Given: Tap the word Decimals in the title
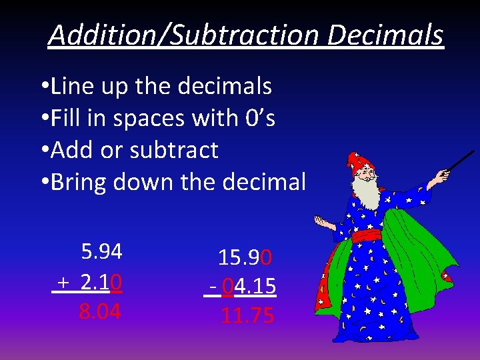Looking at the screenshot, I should [x=385, y=35].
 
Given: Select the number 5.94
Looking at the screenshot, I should [x=101, y=251].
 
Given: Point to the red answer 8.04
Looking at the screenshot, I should [x=100, y=311].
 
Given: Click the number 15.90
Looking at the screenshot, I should [x=245, y=258].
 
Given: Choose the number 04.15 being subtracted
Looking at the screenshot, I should [x=249, y=286].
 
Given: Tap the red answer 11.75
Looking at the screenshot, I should [x=247, y=315].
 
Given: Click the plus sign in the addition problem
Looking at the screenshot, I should [x=62, y=283].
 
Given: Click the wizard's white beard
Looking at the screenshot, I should [x=366, y=193].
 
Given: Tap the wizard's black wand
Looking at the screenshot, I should [x=459, y=160].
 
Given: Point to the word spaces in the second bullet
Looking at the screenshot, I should [x=148, y=119].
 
